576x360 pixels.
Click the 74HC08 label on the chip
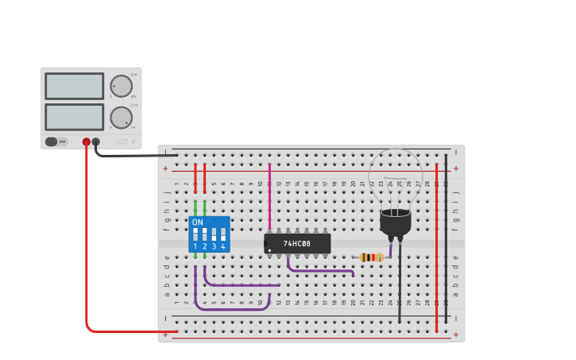pyautogui.click(x=296, y=243)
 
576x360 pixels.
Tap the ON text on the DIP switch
pyautogui.click(x=198, y=223)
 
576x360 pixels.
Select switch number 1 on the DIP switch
pyautogui.click(x=195, y=235)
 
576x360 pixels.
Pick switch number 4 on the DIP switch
pyautogui.click(x=223, y=235)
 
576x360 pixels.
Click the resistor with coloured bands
pyautogui.click(x=371, y=257)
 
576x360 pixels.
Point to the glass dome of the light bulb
pyautogui.click(x=396, y=176)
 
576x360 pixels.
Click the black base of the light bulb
pyautogui.click(x=396, y=223)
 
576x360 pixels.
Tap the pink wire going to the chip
pyautogui.click(x=269, y=199)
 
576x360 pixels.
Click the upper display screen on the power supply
pyautogui.click(x=74, y=86)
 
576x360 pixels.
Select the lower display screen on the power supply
pyautogui.click(x=74, y=117)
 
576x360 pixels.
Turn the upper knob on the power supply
pyautogui.click(x=122, y=86)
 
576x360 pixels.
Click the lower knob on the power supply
pyautogui.click(x=122, y=118)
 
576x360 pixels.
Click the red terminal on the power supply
pyautogui.click(x=87, y=142)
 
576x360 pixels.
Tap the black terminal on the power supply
pyautogui.click(x=96, y=142)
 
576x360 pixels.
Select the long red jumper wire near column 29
pyautogui.click(x=436, y=238)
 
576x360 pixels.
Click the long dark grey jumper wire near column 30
pyautogui.click(x=446, y=238)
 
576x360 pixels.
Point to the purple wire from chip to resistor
pyautogui.click(x=318, y=271)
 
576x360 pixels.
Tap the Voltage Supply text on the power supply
pyautogui.click(x=122, y=141)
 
